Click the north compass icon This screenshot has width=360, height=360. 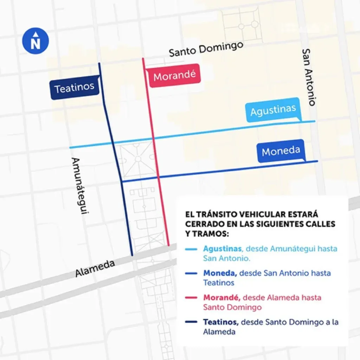click(x=35, y=41)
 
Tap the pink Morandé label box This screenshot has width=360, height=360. click(x=174, y=76)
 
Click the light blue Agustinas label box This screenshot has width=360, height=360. click(x=273, y=110)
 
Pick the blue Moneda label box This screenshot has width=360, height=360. click(x=281, y=152)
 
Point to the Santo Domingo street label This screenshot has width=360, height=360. click(x=206, y=49)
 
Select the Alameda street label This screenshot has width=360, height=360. click(x=95, y=269)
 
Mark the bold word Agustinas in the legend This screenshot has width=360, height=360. click(x=222, y=249)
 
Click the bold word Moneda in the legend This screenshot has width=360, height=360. click(x=219, y=273)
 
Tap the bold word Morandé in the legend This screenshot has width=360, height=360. click(x=221, y=297)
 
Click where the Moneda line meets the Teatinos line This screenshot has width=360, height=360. click(x=122, y=181)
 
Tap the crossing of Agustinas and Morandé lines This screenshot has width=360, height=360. click(x=153, y=139)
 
